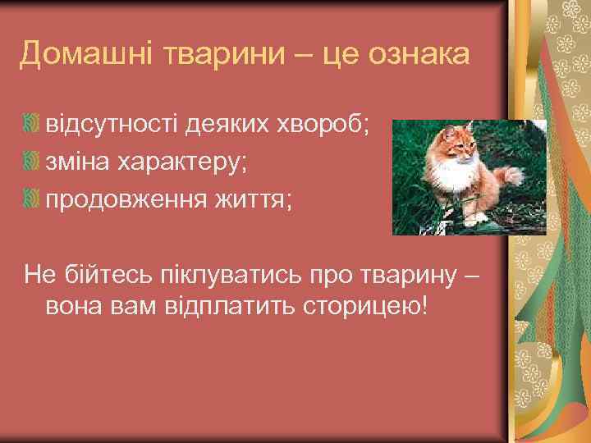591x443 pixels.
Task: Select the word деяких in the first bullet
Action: (x=231, y=126)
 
